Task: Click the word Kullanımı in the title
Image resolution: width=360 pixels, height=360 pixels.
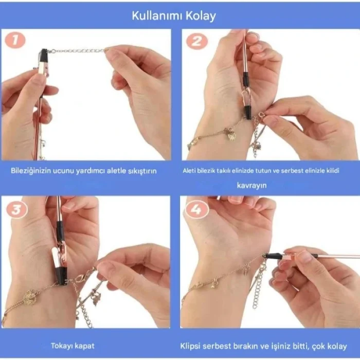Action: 155,15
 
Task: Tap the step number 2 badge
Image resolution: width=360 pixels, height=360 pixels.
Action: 196,41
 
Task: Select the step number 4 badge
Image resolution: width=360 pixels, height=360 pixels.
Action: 196,209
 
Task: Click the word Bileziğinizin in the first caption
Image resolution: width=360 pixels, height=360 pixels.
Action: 30,170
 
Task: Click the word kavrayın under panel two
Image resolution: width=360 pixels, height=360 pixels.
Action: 251,185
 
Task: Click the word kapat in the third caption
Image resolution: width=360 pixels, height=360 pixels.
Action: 85,346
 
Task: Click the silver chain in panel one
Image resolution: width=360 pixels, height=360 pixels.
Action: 77,51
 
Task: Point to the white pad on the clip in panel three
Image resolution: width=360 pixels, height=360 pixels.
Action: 56,257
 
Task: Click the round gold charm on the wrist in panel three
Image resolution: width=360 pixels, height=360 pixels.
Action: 30,297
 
